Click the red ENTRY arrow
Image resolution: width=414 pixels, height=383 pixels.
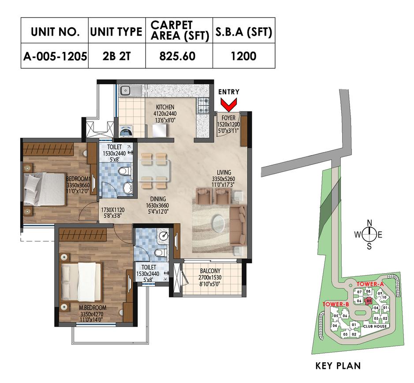tap(229, 105)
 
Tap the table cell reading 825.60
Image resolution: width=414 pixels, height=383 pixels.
tap(179, 56)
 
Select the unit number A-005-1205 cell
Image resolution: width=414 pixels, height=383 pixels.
tap(55, 56)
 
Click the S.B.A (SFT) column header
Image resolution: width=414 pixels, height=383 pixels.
tap(244, 32)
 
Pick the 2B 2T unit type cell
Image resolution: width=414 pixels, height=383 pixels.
tap(117, 56)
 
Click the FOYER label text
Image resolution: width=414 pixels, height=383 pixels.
tap(228, 118)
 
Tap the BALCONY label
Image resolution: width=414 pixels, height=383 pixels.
tap(209, 271)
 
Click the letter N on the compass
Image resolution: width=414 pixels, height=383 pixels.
tap(370, 222)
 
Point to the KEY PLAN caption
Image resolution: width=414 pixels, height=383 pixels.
tap(338, 365)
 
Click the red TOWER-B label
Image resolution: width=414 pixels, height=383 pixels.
tap(336, 304)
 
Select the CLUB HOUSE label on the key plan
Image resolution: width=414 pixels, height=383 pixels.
tap(375, 326)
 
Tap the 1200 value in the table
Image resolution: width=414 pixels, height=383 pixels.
tap(244, 56)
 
